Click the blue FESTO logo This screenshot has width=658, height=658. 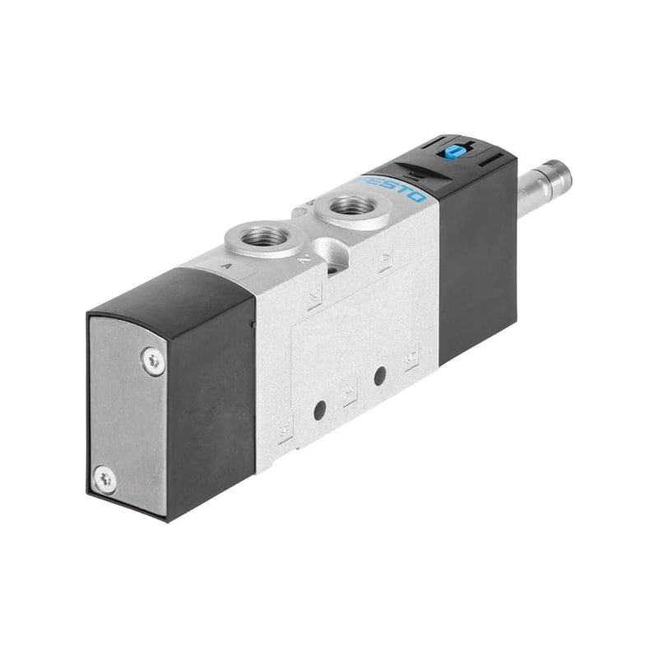tap(393, 188)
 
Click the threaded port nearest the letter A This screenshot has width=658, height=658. tap(268, 237)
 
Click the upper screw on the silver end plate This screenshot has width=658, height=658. tap(152, 360)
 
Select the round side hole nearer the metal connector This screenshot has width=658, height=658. tap(379, 376)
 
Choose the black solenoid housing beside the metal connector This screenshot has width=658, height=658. tap(477, 263)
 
